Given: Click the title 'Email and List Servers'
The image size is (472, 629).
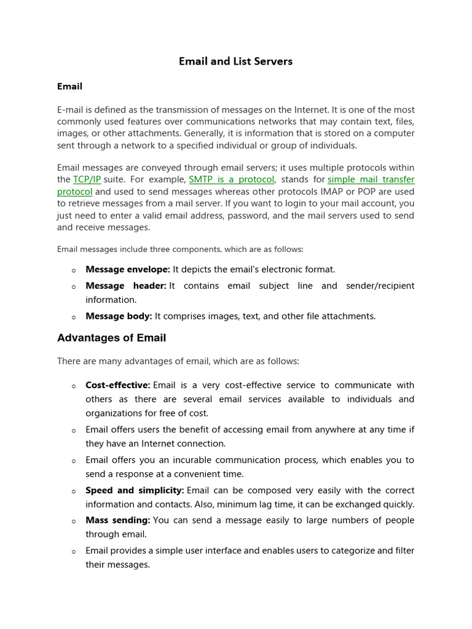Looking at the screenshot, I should tap(235, 61).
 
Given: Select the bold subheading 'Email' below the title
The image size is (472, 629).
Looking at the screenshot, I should tap(69, 87).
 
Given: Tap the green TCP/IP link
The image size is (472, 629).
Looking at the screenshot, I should tap(87, 180).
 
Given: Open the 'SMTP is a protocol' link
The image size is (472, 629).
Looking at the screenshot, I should tap(231, 180).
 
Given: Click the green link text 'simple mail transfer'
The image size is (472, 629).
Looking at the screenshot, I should tap(371, 180).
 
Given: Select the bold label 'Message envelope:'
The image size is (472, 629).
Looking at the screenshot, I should tap(128, 270).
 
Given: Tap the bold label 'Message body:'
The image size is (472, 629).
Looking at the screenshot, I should tap(119, 316).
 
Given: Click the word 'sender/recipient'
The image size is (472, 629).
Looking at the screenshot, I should tap(380, 286).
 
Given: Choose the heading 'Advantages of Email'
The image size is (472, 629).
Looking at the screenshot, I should tap(111, 338).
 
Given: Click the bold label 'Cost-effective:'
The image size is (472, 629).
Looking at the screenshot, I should tap(118, 385).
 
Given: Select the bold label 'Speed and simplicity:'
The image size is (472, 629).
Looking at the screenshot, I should tap(135, 490).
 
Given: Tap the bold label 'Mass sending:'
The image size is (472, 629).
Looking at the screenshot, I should tap(118, 520).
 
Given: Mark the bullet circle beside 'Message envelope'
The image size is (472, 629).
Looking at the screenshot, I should tap(74, 270).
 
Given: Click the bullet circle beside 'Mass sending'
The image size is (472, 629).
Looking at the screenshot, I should tap(74, 522).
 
